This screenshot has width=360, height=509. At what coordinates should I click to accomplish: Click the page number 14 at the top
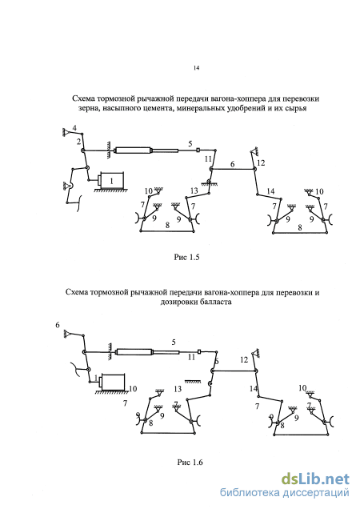click(196, 68)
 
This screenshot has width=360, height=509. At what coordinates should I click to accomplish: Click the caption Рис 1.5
click(186, 258)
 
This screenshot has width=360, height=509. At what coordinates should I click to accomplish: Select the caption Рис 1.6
click(190, 462)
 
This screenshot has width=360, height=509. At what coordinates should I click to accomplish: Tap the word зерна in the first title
click(89, 108)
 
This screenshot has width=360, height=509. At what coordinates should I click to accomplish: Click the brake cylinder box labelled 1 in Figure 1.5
click(112, 181)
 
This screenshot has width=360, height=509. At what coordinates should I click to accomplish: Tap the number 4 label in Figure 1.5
click(74, 128)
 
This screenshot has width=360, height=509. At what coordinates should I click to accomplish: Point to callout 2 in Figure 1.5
click(78, 141)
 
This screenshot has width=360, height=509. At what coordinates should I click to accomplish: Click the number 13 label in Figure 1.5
click(194, 191)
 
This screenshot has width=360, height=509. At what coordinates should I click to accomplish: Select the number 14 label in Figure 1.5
click(270, 191)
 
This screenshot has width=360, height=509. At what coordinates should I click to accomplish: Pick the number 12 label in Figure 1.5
click(261, 162)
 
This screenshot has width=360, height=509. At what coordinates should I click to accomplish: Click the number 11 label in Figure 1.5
click(207, 159)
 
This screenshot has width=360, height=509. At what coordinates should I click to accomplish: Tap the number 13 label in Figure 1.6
click(178, 389)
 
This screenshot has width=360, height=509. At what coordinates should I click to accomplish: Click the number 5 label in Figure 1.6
click(174, 342)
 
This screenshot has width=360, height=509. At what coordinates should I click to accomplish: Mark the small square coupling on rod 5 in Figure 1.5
click(198, 150)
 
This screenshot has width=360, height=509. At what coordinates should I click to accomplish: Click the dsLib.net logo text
click(315, 479)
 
